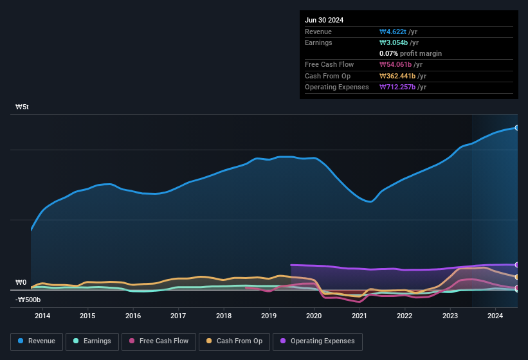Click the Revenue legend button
36,341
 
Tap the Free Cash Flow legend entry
159,341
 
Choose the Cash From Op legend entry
234,341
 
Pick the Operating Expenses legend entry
318,341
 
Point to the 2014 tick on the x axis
42,316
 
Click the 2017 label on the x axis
178,316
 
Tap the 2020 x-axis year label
314,316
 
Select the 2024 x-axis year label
495,316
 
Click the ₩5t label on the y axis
22,107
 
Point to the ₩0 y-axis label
21,282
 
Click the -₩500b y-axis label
28,300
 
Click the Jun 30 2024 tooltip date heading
324,20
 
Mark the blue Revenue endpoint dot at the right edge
517,128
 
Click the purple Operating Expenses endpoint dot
517,265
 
